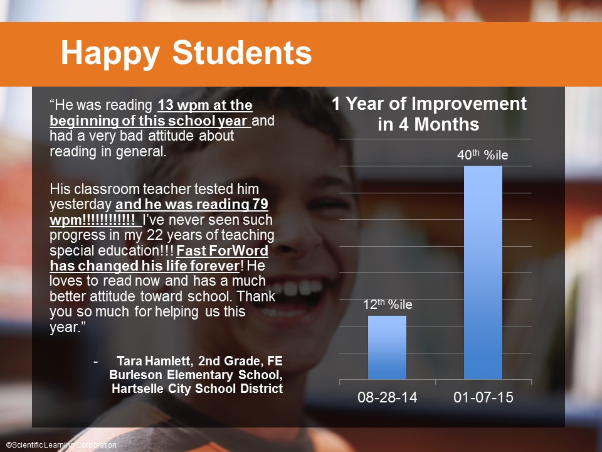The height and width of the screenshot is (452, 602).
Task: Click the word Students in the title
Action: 242,52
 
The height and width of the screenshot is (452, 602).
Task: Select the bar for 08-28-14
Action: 387,347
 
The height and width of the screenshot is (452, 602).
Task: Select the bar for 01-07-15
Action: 483,272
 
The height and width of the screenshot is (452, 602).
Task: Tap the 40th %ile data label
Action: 483,154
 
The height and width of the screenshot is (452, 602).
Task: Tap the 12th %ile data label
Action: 388,304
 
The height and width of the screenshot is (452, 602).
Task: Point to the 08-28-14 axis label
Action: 387,397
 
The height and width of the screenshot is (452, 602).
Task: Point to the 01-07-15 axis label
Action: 483,397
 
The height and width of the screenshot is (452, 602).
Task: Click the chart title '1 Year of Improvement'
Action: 429,104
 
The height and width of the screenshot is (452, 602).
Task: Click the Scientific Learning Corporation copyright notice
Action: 61,444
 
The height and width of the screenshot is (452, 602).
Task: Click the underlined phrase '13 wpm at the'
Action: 205,105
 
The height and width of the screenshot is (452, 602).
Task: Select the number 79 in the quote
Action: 260,204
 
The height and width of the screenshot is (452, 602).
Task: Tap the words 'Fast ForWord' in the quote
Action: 222,250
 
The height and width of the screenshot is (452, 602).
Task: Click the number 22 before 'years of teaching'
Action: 154,235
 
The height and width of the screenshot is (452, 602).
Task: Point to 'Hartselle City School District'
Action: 198,388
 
